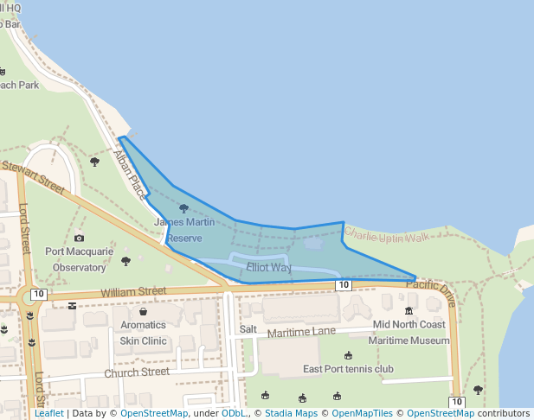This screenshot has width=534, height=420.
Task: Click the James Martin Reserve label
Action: click(183, 229)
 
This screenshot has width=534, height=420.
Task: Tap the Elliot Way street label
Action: click(268, 268)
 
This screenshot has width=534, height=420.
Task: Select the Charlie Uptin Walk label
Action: click(387, 235)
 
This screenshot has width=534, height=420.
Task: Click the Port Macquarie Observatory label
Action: click(80, 259)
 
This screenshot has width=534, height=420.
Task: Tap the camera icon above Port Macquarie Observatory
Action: click(80, 238)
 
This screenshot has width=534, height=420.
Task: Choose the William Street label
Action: click(132, 292)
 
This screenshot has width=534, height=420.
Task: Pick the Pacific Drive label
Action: click(429, 290)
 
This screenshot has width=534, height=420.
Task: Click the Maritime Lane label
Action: click(301, 332)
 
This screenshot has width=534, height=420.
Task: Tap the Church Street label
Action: click(137, 372)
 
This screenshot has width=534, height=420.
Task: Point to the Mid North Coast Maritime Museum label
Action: click(409, 333)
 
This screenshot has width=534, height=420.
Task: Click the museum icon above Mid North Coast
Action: click(409, 310)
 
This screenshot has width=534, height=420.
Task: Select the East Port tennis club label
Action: click(348, 369)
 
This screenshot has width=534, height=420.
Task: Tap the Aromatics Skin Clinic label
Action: click(143, 333)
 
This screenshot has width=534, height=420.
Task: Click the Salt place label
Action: click(248, 329)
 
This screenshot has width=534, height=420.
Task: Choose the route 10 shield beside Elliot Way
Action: click(344, 285)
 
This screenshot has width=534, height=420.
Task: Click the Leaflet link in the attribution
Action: click(48, 414)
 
